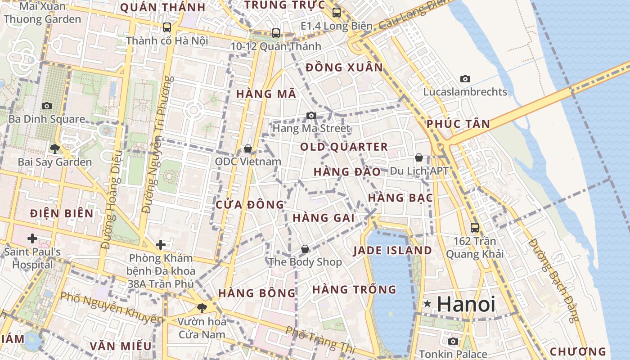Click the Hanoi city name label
click(466, 304)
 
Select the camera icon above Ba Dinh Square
click(46, 106)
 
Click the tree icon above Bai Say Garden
click(55, 148)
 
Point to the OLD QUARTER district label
click(344, 147)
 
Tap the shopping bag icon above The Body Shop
click(305, 249)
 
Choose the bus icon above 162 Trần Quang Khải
click(474, 227)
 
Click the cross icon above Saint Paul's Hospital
click(32, 238)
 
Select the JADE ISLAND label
click(392, 251)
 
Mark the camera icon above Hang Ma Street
click(311, 115)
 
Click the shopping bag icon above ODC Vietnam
click(247, 148)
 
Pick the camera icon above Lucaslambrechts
click(465, 79)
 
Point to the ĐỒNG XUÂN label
click(344, 67)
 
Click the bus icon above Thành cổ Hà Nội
click(167, 27)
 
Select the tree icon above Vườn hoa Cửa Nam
click(202, 308)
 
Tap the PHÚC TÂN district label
click(458, 124)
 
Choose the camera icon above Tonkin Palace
click(453, 341)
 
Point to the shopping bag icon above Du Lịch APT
click(419, 157)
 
